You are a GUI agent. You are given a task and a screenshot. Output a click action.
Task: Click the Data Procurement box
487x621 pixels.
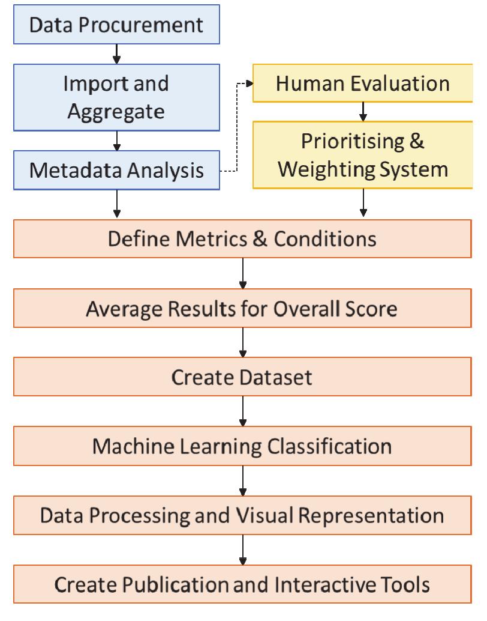coord(117,25)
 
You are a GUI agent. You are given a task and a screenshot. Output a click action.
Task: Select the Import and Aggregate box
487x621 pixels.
coord(117,97)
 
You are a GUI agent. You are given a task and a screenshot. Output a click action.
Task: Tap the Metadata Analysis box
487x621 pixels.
coord(117,171)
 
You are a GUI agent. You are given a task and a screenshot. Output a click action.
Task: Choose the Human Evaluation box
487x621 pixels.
coord(363,83)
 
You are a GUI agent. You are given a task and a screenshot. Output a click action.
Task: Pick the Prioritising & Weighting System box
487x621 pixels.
coord(363,155)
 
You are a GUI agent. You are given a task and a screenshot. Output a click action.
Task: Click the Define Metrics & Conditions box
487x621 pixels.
coord(242,239)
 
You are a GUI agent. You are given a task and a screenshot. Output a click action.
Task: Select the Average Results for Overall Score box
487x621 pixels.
coord(242,309)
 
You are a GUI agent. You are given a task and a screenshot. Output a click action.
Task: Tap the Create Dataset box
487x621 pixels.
coord(242,377)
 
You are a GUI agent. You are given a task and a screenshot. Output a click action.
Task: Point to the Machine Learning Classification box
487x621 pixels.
coord(242,446)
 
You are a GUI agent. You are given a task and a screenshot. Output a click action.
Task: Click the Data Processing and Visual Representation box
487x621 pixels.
coord(242,515)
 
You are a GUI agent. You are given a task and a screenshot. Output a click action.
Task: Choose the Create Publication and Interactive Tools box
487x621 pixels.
coord(242,584)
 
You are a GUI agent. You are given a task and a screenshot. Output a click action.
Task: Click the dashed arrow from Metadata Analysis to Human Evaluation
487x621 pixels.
coord(237,127)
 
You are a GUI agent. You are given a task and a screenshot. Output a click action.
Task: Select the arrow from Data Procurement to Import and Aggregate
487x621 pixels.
coord(117,54)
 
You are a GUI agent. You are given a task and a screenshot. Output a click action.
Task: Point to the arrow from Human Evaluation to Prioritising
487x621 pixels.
coord(363,112)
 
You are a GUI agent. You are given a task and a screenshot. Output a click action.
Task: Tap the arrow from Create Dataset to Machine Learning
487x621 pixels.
coord(243,411)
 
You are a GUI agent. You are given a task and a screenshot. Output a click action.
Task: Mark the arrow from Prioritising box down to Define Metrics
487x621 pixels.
coord(363,202)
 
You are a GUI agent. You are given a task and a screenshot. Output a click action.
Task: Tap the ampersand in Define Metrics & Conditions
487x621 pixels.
coord(260,239)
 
